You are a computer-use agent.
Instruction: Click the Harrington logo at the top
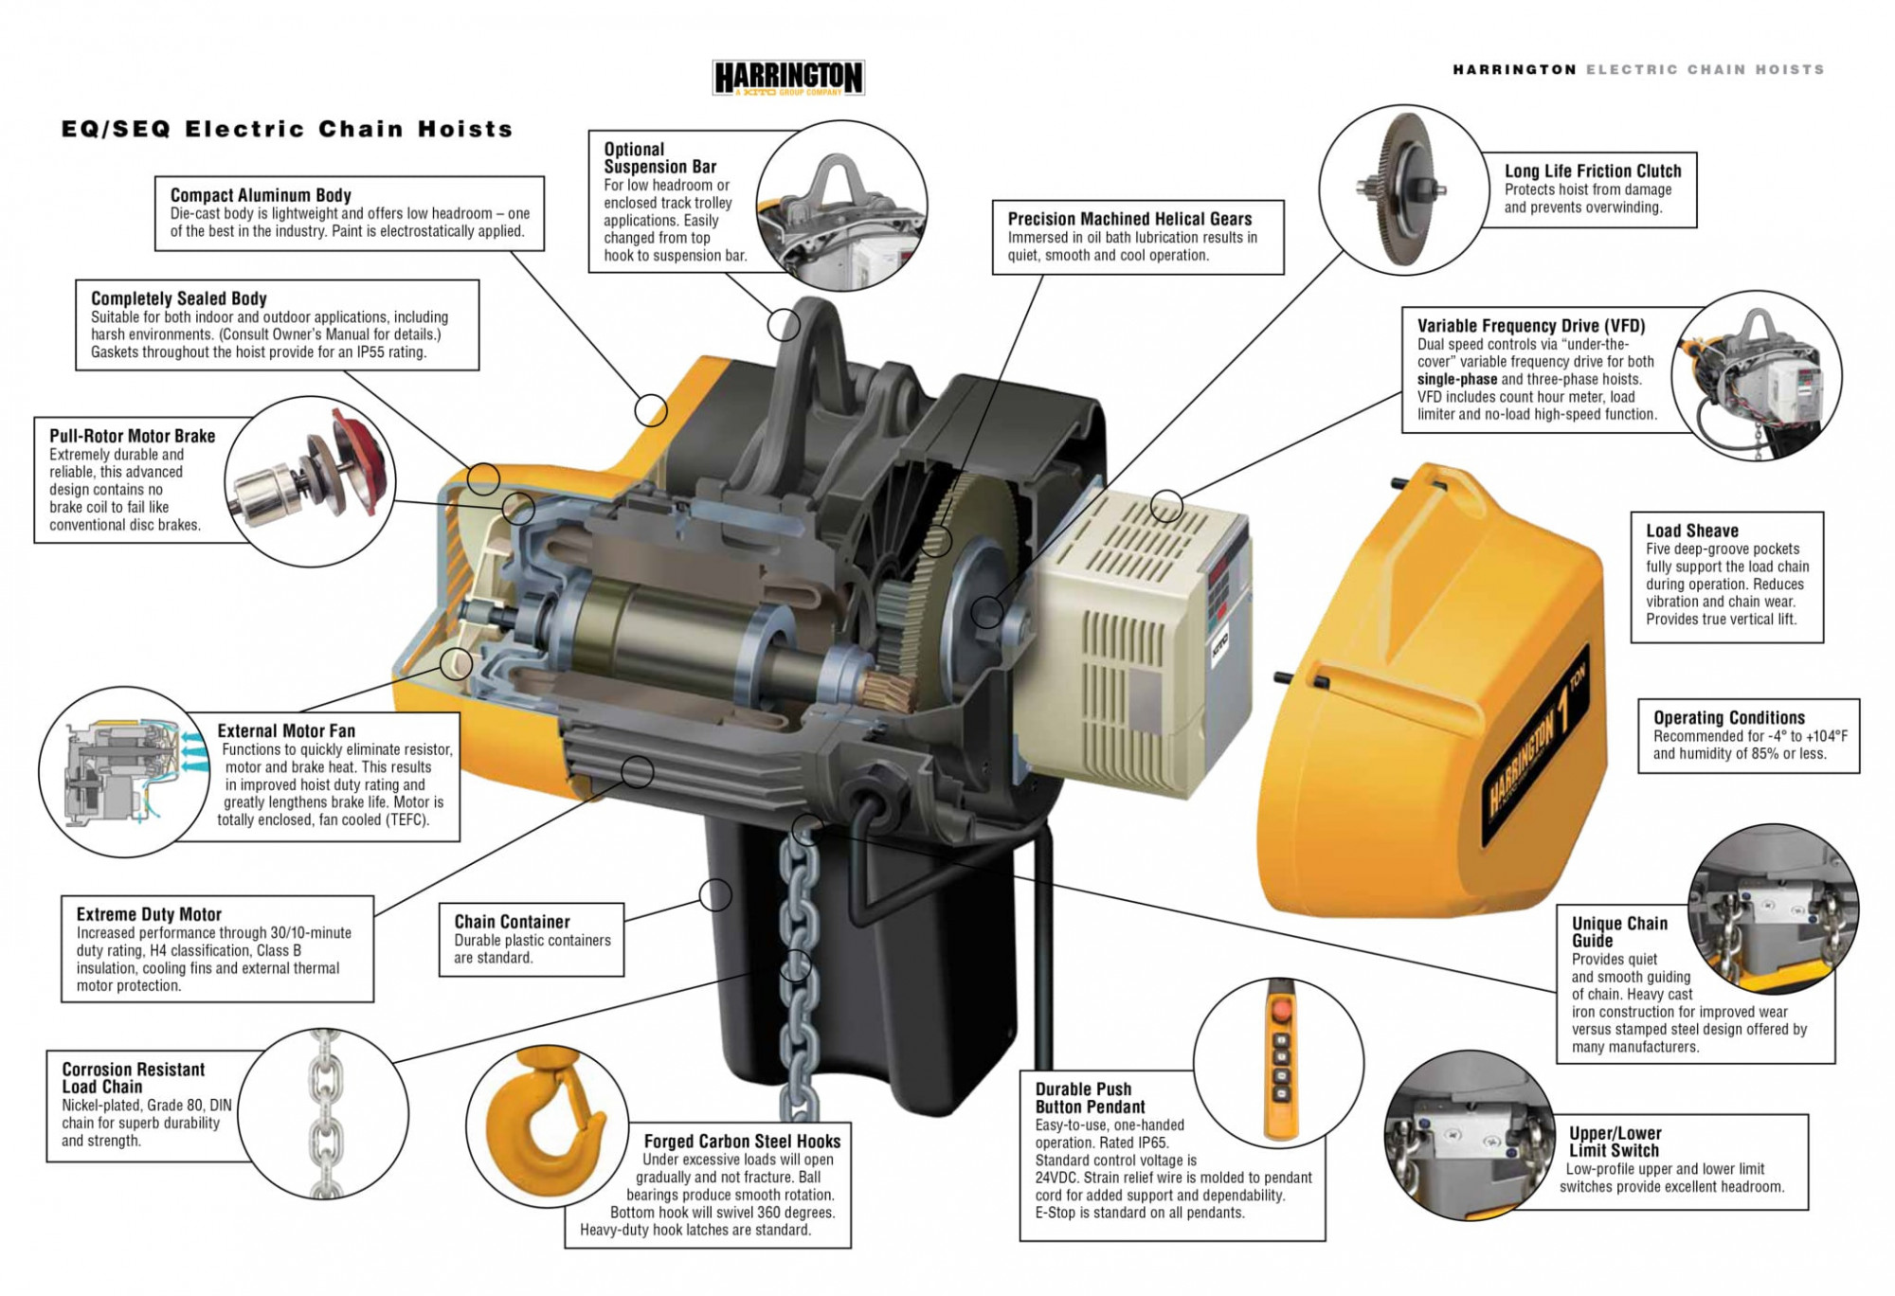pyautogui.click(x=787, y=77)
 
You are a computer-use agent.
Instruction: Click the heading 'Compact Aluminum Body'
pyautogui.click(x=261, y=195)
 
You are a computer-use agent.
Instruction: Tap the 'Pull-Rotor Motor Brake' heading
pyautogui.click(x=133, y=436)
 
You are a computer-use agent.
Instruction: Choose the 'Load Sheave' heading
pyautogui.click(x=1692, y=531)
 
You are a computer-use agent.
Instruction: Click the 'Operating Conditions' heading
pyautogui.click(x=1729, y=717)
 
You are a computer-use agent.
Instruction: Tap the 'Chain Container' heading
pyautogui.click(x=512, y=922)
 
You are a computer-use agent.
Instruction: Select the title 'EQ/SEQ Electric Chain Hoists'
pyautogui.click(x=287, y=129)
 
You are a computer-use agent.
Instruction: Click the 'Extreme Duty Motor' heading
pyautogui.click(x=149, y=914)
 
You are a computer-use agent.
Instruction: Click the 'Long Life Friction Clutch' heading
pyautogui.click(x=1593, y=171)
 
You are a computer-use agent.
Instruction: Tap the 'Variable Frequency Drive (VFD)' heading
pyautogui.click(x=1531, y=325)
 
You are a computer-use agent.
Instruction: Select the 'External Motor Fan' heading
pyautogui.click(x=286, y=730)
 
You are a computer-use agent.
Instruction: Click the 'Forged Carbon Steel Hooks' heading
pyautogui.click(x=742, y=1142)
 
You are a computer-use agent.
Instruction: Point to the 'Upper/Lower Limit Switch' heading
pyautogui.click(x=1615, y=1142)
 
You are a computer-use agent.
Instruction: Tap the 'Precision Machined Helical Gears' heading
pyautogui.click(x=1129, y=219)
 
